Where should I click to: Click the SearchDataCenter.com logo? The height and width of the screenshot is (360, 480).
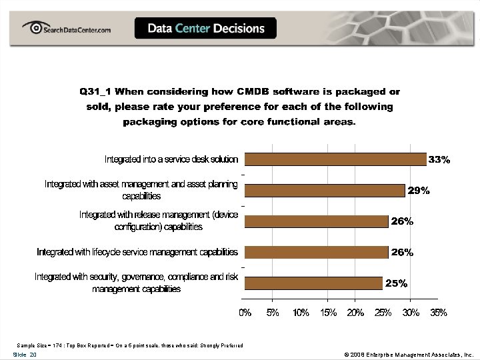(x=67, y=29)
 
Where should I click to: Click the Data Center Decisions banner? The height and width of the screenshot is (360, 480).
(x=205, y=29)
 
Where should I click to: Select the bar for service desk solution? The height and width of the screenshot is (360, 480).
(x=335, y=159)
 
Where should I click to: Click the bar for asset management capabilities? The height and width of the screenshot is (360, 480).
(x=325, y=190)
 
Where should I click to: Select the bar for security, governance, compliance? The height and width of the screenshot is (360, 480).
(x=313, y=283)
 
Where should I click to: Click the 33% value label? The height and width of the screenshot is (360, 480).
(x=439, y=160)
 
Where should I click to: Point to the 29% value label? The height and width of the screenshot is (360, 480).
(x=419, y=191)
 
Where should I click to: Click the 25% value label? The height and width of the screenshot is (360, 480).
(x=396, y=283)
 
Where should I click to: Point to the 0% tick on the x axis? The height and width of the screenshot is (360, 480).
(x=245, y=313)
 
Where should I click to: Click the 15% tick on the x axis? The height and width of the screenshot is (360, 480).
(x=327, y=313)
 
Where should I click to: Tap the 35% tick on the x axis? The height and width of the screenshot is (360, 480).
(x=438, y=313)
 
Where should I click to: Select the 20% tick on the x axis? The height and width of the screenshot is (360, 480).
(x=355, y=313)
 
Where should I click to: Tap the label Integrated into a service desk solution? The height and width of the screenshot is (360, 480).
(x=171, y=159)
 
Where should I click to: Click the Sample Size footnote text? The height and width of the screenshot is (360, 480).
(x=130, y=345)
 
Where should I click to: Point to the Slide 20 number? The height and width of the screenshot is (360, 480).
(x=25, y=355)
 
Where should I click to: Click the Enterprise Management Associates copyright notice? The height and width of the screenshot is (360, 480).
(x=408, y=355)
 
